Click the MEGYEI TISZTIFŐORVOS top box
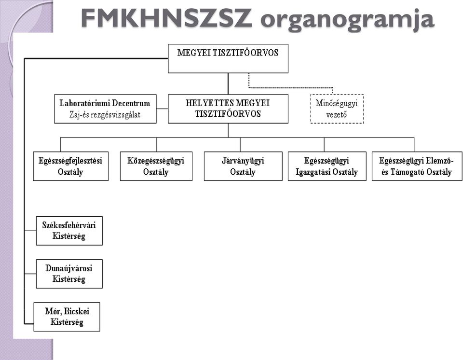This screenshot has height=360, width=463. coord(228,58)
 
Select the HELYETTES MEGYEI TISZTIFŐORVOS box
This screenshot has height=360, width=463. coord(228,109)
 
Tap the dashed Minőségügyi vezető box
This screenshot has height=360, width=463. coord(337,109)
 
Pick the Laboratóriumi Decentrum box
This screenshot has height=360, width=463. coord(105,109)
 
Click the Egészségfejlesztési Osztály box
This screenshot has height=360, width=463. coord(70,166)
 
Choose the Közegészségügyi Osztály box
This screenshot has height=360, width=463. coord(156,166)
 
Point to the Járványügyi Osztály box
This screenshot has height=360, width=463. coord(243,166)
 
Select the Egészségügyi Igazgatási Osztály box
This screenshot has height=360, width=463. coord(327,166)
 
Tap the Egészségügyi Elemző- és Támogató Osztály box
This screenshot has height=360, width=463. coord(417,166)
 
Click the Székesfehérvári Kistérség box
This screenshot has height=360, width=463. coord(69,231)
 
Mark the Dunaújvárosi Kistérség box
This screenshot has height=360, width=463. coord(69,274)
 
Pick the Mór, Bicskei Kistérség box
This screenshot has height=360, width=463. coord(67,317)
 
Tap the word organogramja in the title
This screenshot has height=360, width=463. coord(347,20)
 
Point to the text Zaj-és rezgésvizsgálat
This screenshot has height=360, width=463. coord(105,114)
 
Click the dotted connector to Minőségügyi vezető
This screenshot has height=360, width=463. coord(291,87)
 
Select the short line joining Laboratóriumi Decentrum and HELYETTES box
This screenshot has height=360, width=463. coord(162,109)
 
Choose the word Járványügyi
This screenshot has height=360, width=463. coord(243,161)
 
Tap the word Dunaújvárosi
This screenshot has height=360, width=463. coord(69,268)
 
